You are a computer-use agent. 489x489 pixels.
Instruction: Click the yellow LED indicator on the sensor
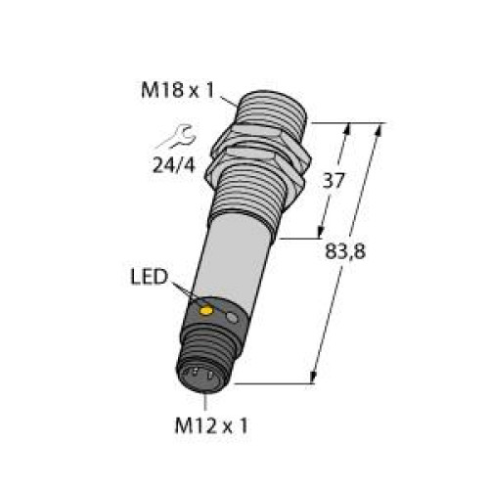(x=206, y=312)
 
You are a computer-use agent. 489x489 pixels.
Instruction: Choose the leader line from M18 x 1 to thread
(x=232, y=97)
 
